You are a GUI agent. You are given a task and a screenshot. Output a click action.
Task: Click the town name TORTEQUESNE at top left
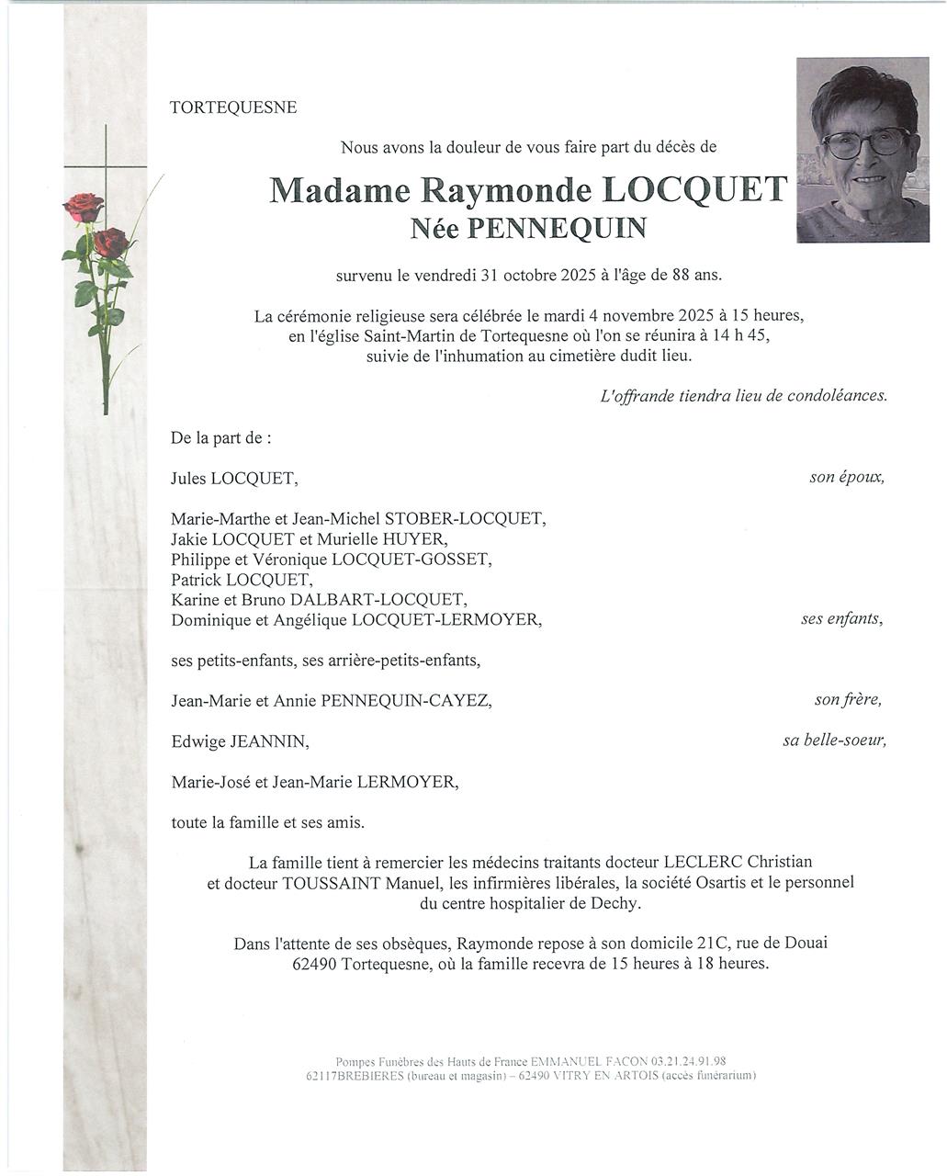pos(233,107)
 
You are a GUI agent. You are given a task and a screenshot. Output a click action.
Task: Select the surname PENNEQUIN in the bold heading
pos(557,228)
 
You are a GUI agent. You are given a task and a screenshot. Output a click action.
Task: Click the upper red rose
pos(85,207)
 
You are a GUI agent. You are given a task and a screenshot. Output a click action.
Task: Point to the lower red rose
pos(111,243)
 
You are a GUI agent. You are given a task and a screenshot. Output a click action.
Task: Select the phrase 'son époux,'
pos(847,478)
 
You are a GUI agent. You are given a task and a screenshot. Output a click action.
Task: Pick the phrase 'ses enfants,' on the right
pos(841,619)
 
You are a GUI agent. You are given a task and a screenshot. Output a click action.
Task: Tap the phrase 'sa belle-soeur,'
pos(834,741)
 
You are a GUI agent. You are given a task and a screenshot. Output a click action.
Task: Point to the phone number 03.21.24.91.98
pos(689,1060)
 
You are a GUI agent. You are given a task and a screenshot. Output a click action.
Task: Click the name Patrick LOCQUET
pos(242,580)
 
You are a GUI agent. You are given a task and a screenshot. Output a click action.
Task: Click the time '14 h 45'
pos(740,336)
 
